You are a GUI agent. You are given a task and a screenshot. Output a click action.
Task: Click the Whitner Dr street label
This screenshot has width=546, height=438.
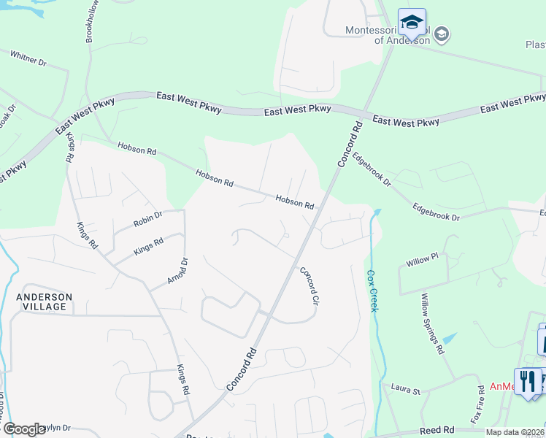(x=28, y=58)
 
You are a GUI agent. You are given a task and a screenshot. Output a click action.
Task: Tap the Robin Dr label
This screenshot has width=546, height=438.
(x=147, y=218)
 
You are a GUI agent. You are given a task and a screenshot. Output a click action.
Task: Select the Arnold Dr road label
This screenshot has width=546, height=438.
(x=177, y=271)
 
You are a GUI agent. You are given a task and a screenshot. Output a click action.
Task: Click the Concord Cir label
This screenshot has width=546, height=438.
(x=310, y=285)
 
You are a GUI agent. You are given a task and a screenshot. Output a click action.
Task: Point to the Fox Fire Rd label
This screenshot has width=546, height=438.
(x=478, y=404)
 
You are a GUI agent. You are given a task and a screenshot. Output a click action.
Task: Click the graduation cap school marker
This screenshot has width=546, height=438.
(x=412, y=23)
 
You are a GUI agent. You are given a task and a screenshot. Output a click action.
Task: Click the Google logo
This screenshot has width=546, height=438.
(x=24, y=429)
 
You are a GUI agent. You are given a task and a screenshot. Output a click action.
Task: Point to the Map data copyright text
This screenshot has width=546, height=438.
(x=515, y=432)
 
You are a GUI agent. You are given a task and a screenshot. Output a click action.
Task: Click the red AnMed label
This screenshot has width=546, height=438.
(x=501, y=386)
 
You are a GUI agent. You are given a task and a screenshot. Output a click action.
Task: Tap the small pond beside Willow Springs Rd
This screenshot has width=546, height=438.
(x=450, y=339)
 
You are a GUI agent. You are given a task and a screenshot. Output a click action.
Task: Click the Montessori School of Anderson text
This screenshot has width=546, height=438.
(x=387, y=35)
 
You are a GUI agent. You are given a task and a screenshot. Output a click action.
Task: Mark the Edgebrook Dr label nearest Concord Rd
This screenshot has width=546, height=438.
(x=372, y=169)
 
